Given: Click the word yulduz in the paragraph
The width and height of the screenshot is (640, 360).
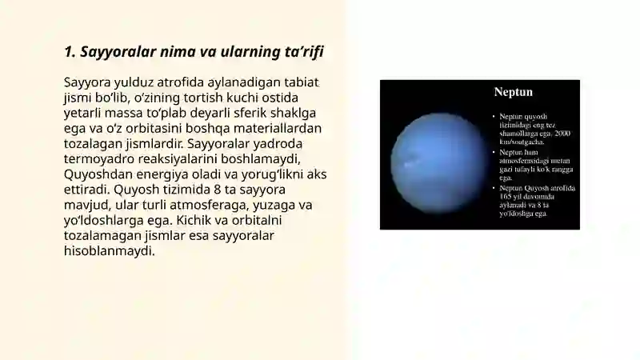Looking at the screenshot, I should pyautogui.click(x=135, y=82).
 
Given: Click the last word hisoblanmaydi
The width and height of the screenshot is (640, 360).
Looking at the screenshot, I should pyautogui.click(x=109, y=250).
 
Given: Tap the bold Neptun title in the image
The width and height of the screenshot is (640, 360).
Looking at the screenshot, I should pyautogui.click(x=513, y=92).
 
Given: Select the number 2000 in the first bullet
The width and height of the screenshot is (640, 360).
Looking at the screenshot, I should pyautogui.click(x=562, y=133).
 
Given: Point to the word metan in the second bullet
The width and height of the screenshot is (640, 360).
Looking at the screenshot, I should pyautogui.click(x=560, y=160).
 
